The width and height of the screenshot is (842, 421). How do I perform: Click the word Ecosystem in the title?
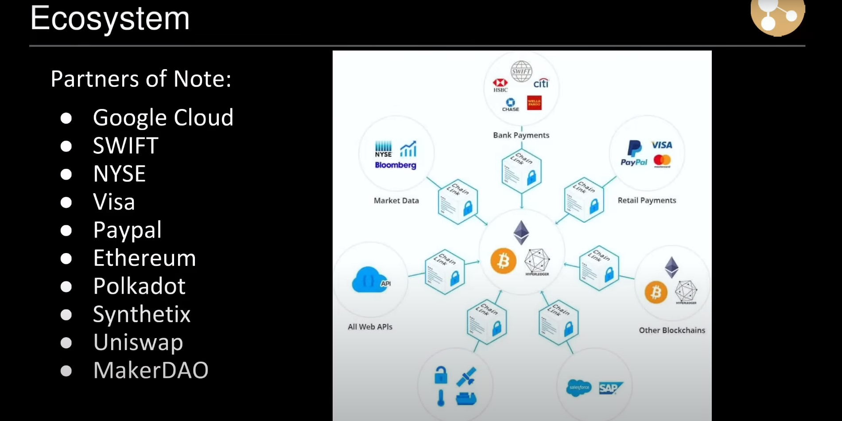coord(110,19)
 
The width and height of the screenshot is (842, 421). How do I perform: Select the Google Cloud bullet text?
coord(163,118)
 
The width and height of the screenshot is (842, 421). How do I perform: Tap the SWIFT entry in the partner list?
coord(126,146)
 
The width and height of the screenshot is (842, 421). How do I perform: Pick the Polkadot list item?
coord(139,286)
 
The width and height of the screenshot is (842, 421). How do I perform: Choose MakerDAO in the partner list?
coord(151,370)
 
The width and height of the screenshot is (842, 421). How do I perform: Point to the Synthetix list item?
coord(142,314)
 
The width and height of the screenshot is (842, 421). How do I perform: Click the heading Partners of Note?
coord(141,79)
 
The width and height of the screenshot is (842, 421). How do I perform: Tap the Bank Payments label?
coord(521,135)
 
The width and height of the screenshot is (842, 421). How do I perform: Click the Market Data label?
coord(396,201)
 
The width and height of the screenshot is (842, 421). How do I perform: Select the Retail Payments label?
coord(647,200)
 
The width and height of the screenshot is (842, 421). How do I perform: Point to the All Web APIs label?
coord(370,327)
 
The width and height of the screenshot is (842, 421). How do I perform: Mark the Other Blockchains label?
coord(671,330)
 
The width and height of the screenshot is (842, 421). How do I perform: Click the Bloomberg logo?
coord(396,165)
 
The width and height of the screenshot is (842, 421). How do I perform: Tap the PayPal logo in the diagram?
coord(634,153)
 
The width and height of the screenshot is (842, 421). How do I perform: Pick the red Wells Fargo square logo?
coord(534,103)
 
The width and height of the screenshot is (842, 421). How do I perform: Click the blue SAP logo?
coord(610,388)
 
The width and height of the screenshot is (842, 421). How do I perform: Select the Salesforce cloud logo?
coord(579,388)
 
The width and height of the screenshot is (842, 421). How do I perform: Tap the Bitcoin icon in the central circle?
coord(503,261)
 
